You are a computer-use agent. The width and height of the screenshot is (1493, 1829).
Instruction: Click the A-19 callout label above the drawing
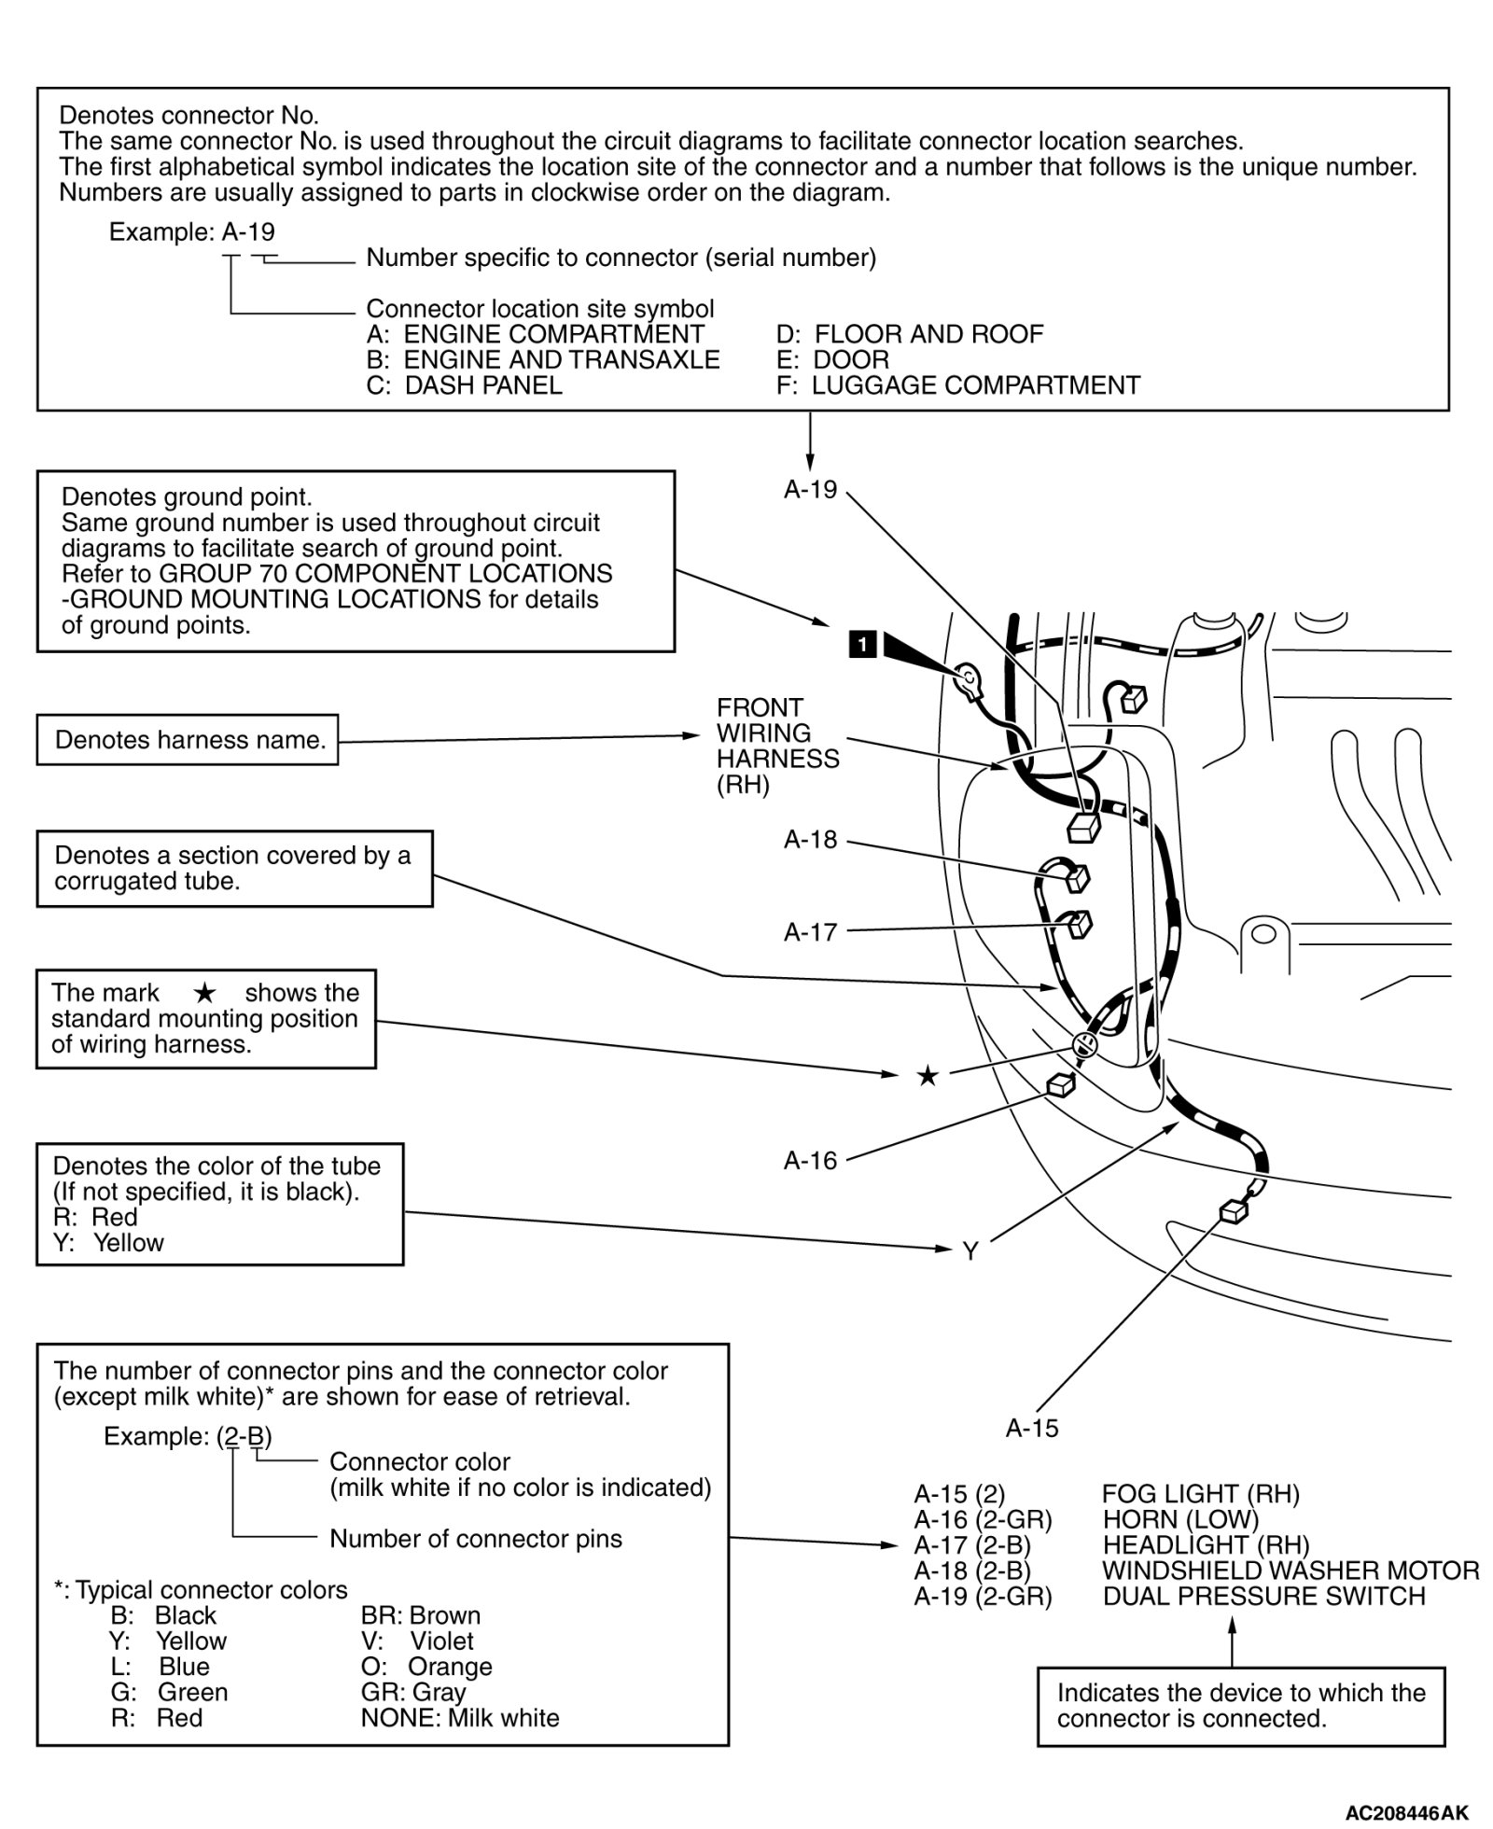[810, 490]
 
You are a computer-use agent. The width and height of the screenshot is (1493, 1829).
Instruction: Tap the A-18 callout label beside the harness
[810, 840]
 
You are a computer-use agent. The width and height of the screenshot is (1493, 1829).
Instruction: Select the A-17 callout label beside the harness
[810, 932]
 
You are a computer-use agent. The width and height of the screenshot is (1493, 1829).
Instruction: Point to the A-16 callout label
[810, 1161]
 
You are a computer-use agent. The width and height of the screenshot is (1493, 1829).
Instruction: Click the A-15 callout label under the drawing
[1032, 1429]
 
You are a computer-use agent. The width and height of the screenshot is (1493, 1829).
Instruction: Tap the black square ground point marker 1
[863, 644]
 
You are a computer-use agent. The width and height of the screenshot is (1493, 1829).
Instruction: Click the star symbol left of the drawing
[928, 1077]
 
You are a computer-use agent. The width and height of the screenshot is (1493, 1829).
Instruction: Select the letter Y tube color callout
[970, 1251]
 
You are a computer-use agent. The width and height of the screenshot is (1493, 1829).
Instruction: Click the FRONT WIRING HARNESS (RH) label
[777, 747]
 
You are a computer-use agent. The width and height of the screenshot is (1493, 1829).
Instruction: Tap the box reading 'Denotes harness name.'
[188, 740]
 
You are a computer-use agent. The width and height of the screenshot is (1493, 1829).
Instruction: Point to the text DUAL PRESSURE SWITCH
[1263, 1597]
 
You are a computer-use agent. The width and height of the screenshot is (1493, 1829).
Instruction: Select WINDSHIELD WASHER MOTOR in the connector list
[1290, 1571]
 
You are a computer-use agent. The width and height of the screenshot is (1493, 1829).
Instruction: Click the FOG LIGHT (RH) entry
[1200, 1495]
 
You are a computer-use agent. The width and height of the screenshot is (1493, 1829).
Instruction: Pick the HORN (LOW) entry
[1180, 1520]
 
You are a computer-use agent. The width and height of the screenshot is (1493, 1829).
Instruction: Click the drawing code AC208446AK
[1406, 1813]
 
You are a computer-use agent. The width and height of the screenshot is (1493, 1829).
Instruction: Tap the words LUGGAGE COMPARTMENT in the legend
[975, 385]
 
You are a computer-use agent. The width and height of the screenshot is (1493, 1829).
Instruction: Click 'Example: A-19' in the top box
[192, 231]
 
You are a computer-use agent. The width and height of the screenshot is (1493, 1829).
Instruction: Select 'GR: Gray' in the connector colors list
[413, 1693]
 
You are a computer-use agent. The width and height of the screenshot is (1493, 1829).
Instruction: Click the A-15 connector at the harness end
[1234, 1212]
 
